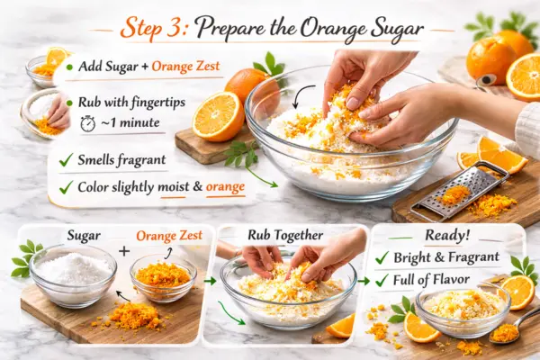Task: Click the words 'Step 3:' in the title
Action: click(154, 28)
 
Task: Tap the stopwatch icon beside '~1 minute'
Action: click(88, 123)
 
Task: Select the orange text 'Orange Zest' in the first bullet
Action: click(185, 66)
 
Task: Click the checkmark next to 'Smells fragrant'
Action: click(66, 160)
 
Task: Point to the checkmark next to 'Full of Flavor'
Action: click(382, 281)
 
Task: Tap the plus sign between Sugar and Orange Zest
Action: click(124, 251)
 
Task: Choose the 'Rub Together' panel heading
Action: click(285, 235)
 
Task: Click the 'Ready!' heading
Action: click(447, 235)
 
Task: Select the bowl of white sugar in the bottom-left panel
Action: click(73, 274)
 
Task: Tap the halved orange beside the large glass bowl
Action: click(217, 116)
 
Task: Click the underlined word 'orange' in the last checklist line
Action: click(225, 187)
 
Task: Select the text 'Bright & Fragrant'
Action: click(446, 257)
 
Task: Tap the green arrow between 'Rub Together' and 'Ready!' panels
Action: click(364, 282)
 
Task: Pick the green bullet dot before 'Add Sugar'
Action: click(69, 67)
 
